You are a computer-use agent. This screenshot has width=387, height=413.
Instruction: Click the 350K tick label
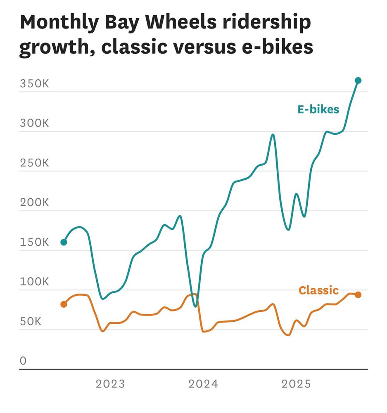[x=34, y=84]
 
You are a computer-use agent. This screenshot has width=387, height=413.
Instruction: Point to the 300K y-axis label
[x=34, y=123]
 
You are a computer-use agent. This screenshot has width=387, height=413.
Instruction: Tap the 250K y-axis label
[x=34, y=163]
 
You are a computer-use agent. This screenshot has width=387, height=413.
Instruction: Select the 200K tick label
[x=34, y=203]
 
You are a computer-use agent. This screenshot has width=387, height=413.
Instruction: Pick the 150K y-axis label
[x=34, y=242]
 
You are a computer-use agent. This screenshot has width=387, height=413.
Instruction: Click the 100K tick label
[x=34, y=282]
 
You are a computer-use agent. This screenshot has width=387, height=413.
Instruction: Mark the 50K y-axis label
[x=31, y=322]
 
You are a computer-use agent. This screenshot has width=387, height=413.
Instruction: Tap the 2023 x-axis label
[x=110, y=385]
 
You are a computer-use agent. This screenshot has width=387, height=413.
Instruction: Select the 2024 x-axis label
[x=203, y=385]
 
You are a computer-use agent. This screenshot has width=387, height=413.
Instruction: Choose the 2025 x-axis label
[x=296, y=385]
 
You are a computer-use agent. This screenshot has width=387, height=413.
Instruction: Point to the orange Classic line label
[x=318, y=290]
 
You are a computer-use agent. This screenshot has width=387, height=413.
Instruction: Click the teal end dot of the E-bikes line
[x=358, y=81]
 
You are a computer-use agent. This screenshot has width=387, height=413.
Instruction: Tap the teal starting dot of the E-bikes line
[x=64, y=242]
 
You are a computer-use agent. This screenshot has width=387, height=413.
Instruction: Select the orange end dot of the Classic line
[x=358, y=294]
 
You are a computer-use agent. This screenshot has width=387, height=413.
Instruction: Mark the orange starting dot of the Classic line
[x=64, y=304]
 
